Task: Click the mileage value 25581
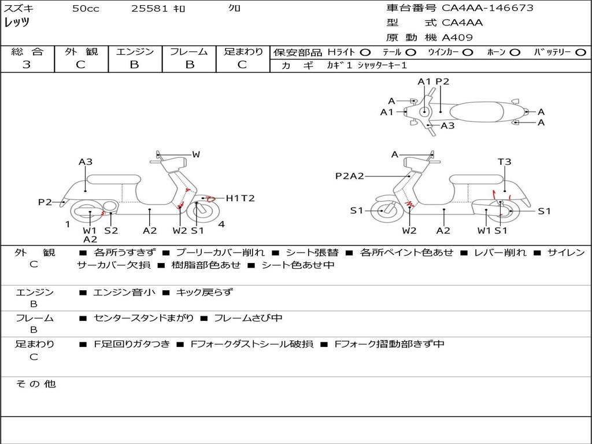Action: coord(150,9)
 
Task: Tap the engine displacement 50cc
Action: coord(86,9)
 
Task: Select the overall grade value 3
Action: coord(27,65)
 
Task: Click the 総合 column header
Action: coord(27,51)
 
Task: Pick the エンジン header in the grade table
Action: coord(135,51)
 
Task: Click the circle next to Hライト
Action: coord(365,53)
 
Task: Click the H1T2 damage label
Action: coord(240,198)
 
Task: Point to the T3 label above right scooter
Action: coord(505,162)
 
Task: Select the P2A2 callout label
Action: coord(350,176)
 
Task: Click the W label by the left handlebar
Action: coord(196,154)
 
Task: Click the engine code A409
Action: coord(457,38)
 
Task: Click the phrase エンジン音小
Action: coord(124,293)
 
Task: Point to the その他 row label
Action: coord(35,384)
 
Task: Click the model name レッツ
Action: coord(17,23)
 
